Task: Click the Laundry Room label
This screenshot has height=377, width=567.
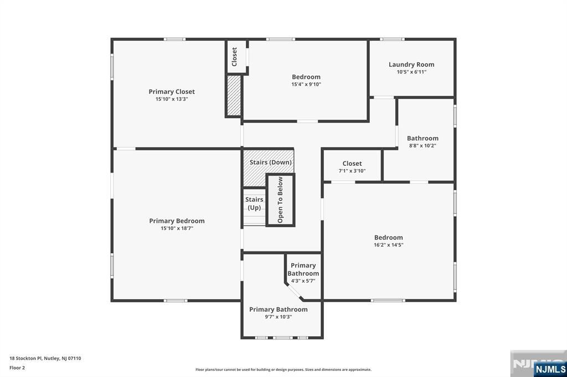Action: [411, 65]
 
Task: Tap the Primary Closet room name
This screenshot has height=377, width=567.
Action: [172, 92]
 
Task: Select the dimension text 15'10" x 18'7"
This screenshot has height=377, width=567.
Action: [177, 228]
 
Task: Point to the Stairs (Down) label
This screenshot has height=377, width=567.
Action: [270, 163]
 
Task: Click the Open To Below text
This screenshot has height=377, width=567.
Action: [280, 200]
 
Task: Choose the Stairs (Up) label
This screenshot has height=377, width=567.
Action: [254, 203]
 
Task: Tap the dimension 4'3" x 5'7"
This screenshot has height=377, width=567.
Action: [303, 281]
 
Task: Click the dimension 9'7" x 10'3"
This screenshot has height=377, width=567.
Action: [278, 317]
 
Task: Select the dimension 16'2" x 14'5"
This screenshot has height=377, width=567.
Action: [388, 245]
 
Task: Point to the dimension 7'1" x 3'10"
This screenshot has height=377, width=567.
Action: [352, 171]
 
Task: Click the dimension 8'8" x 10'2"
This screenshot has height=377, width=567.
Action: [422, 146]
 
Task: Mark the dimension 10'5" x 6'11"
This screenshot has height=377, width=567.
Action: [411, 72]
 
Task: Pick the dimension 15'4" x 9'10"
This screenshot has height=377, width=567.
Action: [306, 85]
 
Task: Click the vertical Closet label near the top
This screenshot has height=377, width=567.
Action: [234, 56]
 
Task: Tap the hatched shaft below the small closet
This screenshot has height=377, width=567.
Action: [234, 96]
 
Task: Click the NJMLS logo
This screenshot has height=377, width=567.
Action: [550, 369]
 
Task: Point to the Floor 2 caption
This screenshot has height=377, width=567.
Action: [17, 367]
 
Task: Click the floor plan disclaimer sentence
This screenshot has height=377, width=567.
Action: [283, 370]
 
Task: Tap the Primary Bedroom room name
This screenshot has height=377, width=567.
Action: [177, 221]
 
